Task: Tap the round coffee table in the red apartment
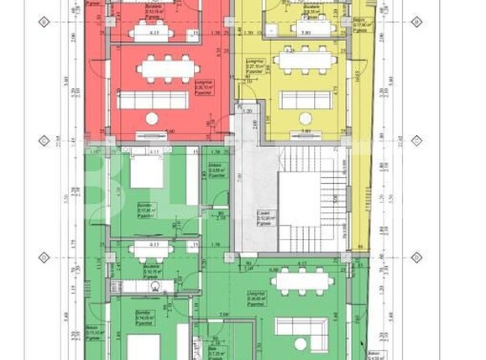[152, 119]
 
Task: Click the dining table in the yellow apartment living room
[303, 60]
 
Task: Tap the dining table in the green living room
[303, 280]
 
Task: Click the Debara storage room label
[216, 170]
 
